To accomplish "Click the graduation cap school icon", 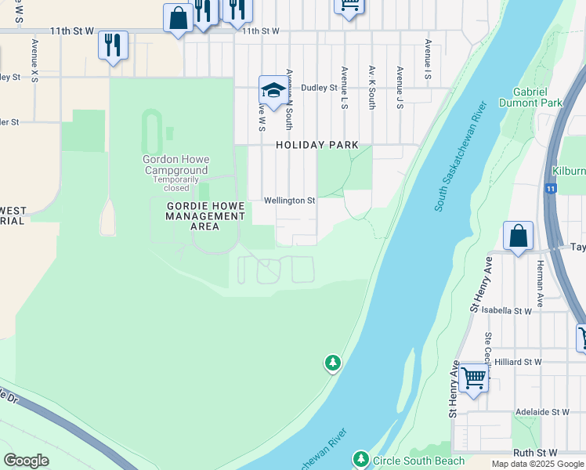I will point(273,91).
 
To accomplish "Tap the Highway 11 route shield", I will point(552,189).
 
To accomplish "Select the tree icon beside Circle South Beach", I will point(360,458).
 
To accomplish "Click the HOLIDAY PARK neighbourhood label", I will point(317,145).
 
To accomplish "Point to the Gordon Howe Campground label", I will point(175,164).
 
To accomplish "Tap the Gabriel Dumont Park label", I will point(537,97).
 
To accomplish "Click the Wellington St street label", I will point(289,201).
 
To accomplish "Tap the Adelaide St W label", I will point(542,411).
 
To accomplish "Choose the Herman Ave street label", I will point(540,284).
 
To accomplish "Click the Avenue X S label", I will point(34,60).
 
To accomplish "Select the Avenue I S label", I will point(429,60).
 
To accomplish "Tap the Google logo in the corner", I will point(26,460).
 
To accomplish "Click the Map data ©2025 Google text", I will point(537,464).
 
